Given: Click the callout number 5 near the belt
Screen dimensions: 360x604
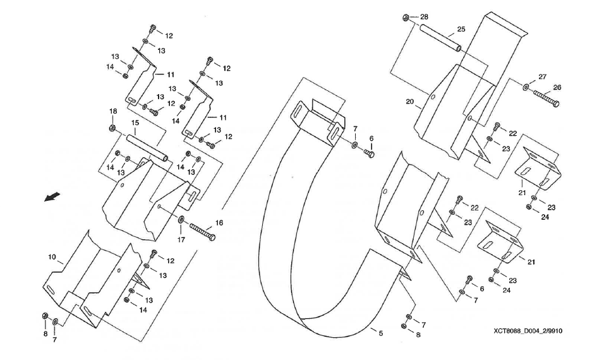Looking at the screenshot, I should click(x=380, y=333).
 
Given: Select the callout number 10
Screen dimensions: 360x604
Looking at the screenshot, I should click(x=52, y=257).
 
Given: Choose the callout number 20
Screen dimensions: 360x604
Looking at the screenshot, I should click(x=409, y=102).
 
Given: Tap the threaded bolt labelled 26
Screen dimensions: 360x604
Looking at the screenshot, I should click(x=546, y=98).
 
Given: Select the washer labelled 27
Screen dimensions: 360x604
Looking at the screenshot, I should click(x=526, y=87).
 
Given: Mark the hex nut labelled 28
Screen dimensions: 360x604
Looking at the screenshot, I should click(x=406, y=17).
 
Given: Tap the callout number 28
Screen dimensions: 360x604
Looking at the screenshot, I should click(x=423, y=16).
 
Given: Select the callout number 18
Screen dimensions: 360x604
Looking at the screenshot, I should click(x=113, y=111).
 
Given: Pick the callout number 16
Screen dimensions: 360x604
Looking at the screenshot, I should click(x=219, y=222).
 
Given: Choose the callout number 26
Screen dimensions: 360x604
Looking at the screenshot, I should click(x=557, y=87).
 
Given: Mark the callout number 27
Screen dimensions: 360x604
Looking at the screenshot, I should click(x=542, y=76).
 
